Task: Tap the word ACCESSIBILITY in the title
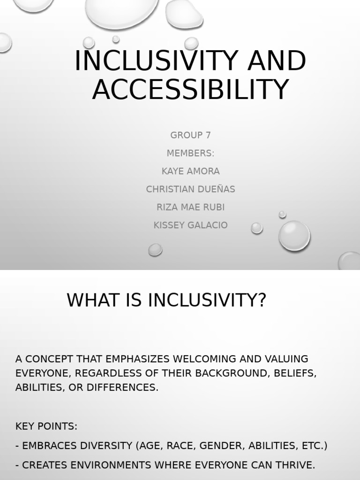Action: (x=190, y=90)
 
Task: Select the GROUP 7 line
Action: (x=190, y=135)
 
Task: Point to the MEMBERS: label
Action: (x=190, y=153)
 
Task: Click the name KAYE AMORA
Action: (x=190, y=172)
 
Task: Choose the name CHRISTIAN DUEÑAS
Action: (x=190, y=189)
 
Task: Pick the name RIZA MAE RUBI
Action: (x=190, y=207)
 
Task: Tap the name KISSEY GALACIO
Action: (x=190, y=225)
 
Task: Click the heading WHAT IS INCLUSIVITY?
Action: (x=166, y=300)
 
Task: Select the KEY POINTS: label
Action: (x=46, y=427)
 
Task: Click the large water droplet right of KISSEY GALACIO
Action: (x=294, y=235)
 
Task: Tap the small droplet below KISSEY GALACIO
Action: (x=155, y=249)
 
